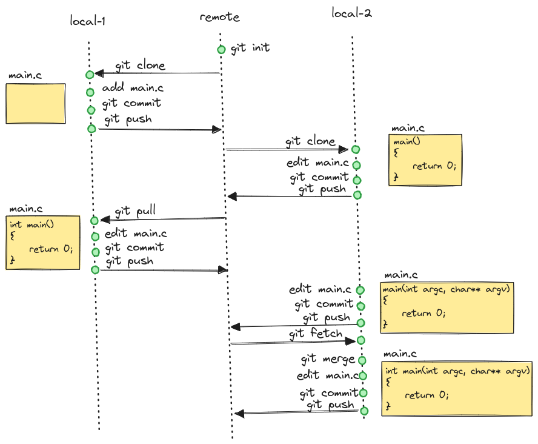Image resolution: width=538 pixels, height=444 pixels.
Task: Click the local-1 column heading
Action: point(88,21)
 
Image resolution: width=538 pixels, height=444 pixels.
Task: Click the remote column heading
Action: point(219,17)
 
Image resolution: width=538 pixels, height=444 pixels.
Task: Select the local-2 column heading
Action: point(351,12)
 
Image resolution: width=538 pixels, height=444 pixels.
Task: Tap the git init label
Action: point(250,47)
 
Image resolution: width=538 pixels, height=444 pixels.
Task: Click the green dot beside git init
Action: point(221,50)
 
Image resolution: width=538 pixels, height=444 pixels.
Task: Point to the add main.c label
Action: point(133,89)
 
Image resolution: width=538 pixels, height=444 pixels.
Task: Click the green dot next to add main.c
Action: point(90,92)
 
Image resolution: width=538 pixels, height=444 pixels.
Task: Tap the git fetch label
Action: point(316,333)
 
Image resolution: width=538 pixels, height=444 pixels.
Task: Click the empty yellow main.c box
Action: point(36,104)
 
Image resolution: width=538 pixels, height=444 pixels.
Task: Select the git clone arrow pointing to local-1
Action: point(158,73)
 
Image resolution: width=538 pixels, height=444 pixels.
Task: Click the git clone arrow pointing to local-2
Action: point(285,149)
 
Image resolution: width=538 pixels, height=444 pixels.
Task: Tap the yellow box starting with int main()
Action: point(43,242)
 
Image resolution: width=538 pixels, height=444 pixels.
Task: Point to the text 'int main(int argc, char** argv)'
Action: point(459,370)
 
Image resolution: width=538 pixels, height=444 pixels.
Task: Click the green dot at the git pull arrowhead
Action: point(94,220)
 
